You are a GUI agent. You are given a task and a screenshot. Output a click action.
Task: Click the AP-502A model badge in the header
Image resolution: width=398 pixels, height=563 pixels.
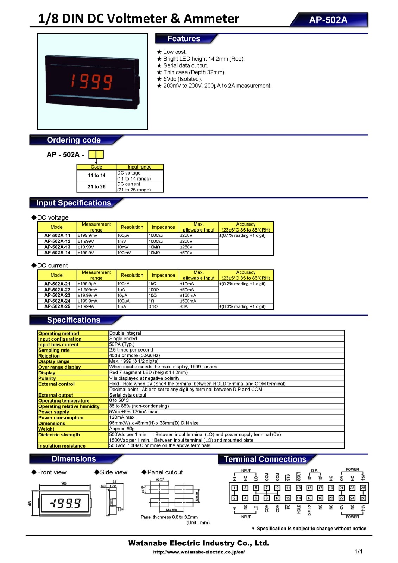tap(328, 20)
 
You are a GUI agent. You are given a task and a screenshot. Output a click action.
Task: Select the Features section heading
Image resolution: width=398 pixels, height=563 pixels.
tap(184, 38)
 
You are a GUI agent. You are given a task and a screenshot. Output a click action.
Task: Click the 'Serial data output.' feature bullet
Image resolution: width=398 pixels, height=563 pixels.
tap(185, 65)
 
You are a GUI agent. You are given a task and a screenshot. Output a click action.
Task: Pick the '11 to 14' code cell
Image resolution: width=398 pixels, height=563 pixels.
tap(96, 175)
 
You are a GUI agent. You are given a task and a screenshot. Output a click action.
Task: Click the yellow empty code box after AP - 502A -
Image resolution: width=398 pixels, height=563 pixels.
tap(96, 154)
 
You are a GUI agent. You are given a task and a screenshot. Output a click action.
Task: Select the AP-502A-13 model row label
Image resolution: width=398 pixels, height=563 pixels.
tap(57, 247)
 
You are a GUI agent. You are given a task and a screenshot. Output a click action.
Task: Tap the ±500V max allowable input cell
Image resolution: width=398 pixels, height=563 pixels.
tap(186, 253)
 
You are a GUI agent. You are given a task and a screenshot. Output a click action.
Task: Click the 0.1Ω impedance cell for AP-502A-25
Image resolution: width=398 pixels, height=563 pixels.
tap(153, 306)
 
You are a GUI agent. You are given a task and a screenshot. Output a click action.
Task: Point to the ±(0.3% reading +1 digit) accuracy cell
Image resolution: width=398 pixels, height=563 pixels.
tap(242, 306)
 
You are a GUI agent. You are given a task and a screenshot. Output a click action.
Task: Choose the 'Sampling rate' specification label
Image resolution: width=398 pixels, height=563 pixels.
tap(54, 350)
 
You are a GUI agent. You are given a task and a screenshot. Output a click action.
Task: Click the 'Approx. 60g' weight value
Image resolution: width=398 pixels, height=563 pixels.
tap(122, 429)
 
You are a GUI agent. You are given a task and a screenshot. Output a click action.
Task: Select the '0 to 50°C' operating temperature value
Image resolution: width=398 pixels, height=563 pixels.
tap(119, 400)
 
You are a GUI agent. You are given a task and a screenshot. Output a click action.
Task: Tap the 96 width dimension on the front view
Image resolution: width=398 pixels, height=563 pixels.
tap(64, 483)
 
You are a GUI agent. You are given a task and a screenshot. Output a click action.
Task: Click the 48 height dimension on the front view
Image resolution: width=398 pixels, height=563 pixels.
tap(30, 504)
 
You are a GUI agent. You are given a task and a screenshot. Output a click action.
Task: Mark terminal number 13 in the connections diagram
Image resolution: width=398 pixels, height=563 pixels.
tap(298, 488)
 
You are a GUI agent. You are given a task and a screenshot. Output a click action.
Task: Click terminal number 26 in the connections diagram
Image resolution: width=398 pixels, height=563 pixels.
tap(363, 498)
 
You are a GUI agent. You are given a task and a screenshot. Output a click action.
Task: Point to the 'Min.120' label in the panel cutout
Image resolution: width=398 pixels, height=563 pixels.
tap(171, 510)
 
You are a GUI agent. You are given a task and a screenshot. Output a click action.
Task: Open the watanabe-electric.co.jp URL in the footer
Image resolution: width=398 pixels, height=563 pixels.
tap(199, 552)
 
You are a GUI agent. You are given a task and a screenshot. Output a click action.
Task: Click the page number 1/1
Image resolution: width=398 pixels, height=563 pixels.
tap(358, 551)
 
